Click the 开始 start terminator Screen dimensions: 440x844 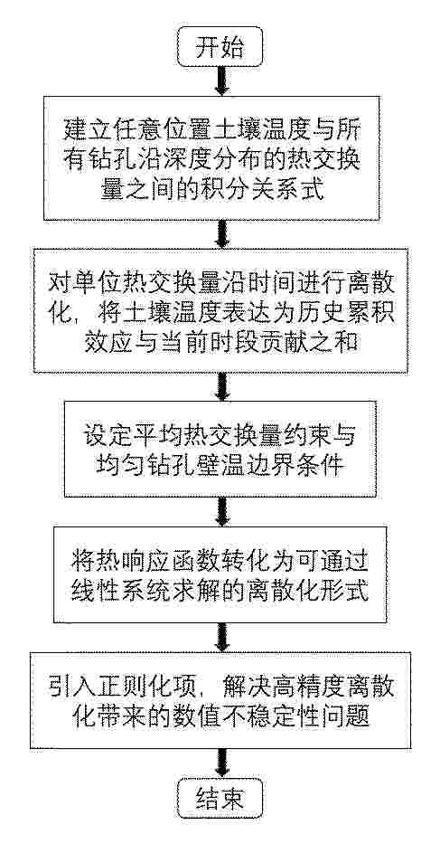[220, 47]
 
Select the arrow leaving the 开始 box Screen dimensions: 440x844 [221, 81]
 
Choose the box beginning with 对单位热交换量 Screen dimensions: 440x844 [220, 310]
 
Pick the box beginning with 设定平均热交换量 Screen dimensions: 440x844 [220, 450]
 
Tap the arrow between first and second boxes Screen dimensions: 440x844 [221, 234]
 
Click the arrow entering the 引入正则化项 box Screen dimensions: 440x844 [221, 638]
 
